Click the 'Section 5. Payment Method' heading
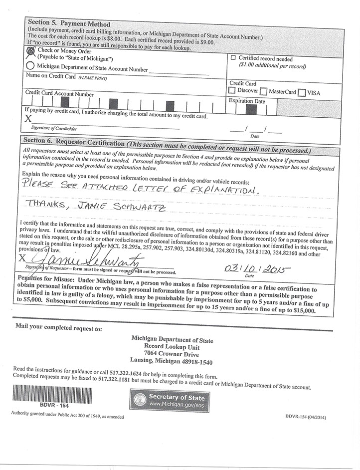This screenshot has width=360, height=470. coord(69,24)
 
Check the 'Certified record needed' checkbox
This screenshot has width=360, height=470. coord(233,58)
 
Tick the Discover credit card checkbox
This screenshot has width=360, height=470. coord(232,91)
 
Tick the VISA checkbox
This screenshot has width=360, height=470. coord(301,92)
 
